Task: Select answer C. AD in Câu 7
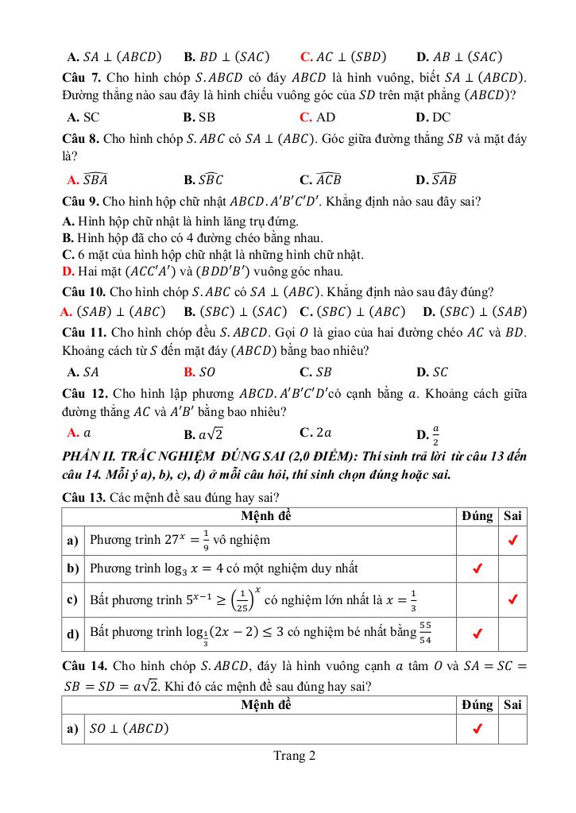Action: (318, 117)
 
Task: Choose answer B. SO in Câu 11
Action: (199, 372)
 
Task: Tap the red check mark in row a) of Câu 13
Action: (513, 541)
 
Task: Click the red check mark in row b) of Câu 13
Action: (477, 568)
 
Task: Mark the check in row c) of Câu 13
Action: (513, 599)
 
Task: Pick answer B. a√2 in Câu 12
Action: (203, 433)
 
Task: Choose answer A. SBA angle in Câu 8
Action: (88, 179)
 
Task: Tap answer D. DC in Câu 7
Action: (433, 117)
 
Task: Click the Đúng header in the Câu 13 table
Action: (477, 516)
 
